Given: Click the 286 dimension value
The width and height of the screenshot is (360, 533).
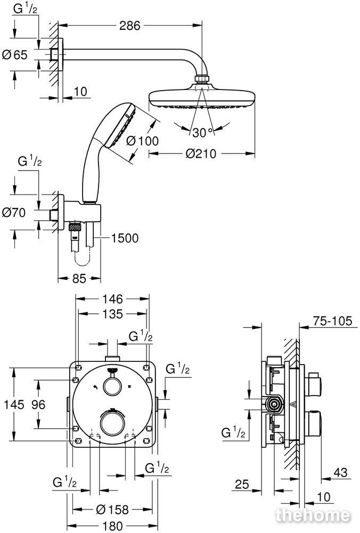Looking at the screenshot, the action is point(129,26).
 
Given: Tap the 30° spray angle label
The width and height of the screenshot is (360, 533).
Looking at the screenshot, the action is point(202,133).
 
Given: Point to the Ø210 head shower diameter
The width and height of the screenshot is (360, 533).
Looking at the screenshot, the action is point(201,154).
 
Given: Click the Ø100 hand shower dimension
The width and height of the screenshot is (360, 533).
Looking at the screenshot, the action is point(142,140).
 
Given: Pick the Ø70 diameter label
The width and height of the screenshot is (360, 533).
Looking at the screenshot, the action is point(14,213).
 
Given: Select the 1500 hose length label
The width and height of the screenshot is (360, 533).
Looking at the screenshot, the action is point(125,238).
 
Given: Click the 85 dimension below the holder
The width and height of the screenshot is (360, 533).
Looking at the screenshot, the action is point(79,279).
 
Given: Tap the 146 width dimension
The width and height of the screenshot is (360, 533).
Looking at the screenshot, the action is point(112,299).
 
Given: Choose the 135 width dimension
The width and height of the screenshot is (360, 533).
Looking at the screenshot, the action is point(112,313).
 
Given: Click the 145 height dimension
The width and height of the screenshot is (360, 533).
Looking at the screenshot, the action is point(14,405).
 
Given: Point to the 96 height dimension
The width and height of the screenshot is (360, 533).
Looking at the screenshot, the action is point(38,405).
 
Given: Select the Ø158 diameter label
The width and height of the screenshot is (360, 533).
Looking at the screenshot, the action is point(112,509).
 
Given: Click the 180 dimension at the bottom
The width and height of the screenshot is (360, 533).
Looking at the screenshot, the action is point(112,526).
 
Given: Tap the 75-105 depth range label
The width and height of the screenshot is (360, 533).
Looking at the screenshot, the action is point(332,320).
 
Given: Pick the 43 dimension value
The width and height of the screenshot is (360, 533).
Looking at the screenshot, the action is point(340,472).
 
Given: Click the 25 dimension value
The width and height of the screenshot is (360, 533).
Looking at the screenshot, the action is point(242,484).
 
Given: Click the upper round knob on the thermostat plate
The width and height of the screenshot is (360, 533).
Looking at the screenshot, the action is point(112,387).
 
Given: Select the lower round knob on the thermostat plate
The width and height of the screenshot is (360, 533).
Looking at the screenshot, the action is point(112,423).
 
